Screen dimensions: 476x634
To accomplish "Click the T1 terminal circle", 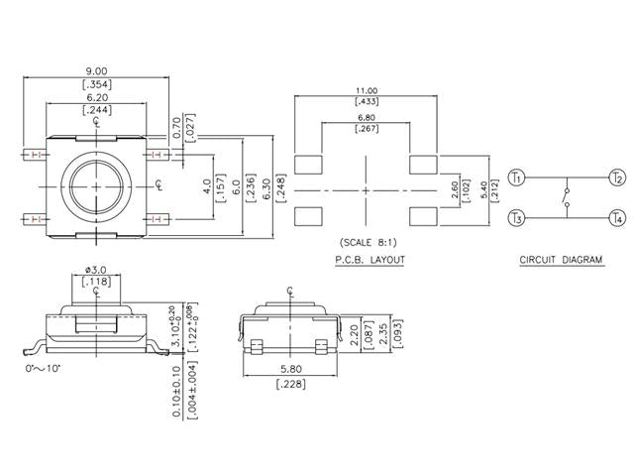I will (x=515, y=178).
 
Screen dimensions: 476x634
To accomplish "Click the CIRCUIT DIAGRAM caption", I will (x=561, y=261).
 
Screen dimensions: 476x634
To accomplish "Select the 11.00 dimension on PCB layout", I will (x=366, y=90).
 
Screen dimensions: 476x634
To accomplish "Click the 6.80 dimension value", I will (x=366, y=118).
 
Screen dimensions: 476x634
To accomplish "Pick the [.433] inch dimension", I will (x=366, y=102).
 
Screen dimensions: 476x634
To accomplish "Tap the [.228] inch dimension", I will (x=289, y=385).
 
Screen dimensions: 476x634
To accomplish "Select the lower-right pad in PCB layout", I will (x=423, y=213).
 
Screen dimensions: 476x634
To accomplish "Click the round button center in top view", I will (x=95, y=185).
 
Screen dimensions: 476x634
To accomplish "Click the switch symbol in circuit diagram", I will (x=566, y=197).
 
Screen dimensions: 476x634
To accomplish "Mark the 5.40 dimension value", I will (x=483, y=188).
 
